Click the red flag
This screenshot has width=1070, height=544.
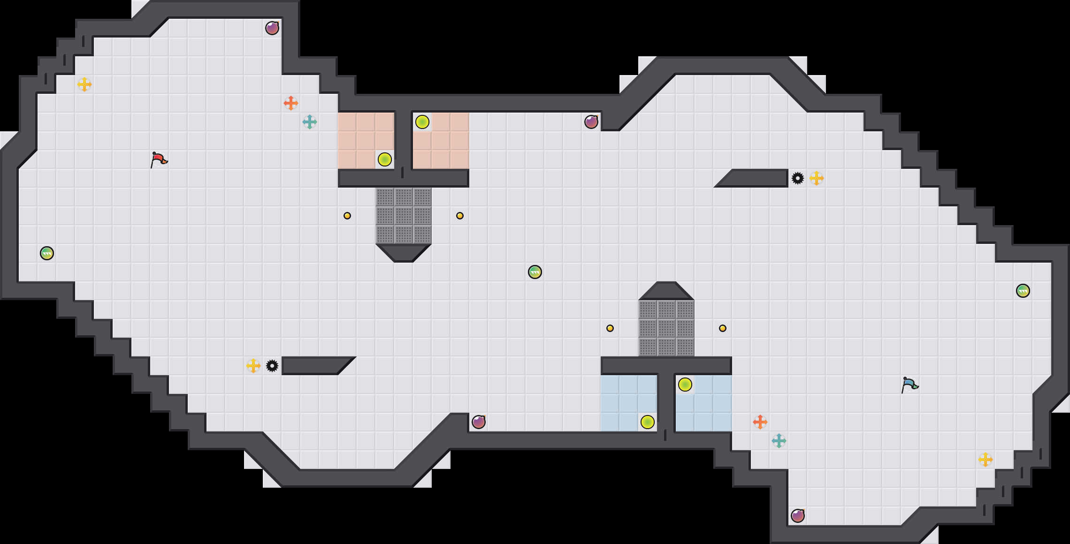coord(159,159)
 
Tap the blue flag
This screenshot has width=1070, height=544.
coord(909,385)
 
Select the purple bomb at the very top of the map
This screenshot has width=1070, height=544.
coord(272,28)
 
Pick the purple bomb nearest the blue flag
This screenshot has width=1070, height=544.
coord(798,516)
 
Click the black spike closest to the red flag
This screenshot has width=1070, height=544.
coord(272,366)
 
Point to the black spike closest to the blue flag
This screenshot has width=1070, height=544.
coord(798,178)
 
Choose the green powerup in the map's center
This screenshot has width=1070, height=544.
coord(535,272)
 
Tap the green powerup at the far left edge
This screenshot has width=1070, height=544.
coord(47,253)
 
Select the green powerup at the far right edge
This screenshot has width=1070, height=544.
coord(1023,291)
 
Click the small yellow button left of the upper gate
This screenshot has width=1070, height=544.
coord(347,216)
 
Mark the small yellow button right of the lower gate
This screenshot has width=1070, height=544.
coord(723,328)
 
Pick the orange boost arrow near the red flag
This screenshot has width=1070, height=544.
coord(291,103)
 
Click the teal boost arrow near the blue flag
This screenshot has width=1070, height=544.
coord(779,441)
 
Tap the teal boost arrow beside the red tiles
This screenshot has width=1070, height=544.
coord(310,122)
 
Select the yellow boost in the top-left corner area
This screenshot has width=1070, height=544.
coord(84,84)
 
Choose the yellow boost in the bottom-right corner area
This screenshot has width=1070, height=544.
coord(986,460)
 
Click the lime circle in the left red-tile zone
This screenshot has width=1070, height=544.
coord(385,159)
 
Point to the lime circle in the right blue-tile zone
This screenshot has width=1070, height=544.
coord(685,385)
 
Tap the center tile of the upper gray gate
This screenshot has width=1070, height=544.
coord(404,216)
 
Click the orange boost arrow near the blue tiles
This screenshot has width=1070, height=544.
coord(760,422)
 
